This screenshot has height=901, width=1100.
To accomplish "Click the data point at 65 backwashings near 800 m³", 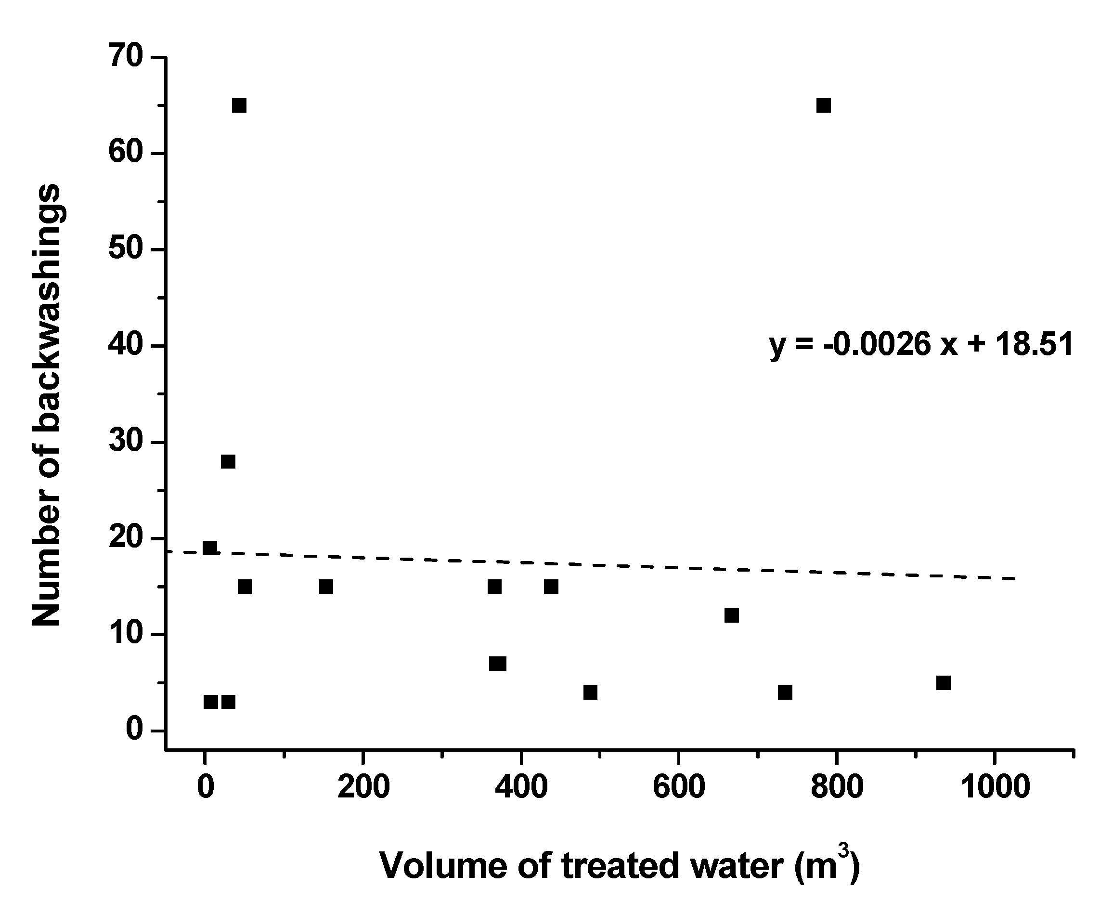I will click(824, 106).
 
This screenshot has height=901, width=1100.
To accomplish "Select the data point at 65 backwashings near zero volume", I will click(239, 106).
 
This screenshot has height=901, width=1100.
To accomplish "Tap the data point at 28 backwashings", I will click(228, 461).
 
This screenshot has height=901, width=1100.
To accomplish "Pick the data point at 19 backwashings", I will click(209, 548).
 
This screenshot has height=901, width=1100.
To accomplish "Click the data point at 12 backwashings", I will click(732, 615).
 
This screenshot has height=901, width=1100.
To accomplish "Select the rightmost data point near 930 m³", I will click(943, 683).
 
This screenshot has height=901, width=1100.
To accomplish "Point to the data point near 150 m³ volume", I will click(326, 587).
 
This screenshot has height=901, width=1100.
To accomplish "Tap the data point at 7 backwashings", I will click(498, 664).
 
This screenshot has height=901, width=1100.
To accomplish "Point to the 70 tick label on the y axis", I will click(126, 56).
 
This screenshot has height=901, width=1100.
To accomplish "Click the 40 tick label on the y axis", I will click(126, 346).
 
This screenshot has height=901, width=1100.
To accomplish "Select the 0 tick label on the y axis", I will click(134, 730).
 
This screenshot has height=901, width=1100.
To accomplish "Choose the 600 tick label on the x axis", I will click(679, 787).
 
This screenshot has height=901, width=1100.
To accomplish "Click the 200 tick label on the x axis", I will click(362, 787).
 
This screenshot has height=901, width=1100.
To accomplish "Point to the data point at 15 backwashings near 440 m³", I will click(551, 587).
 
